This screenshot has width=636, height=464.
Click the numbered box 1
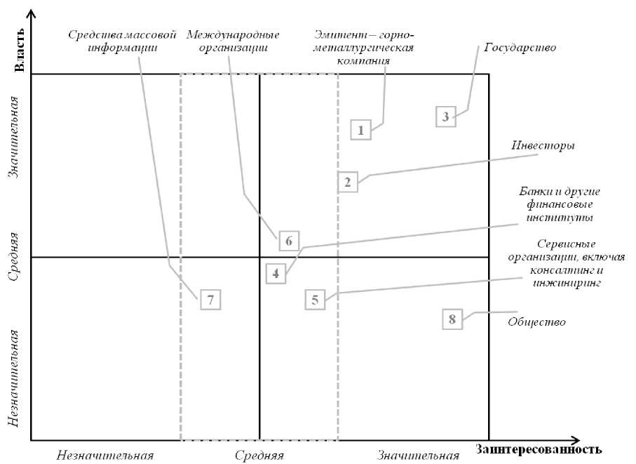[x=360, y=130]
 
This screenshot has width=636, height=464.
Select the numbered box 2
[x=347, y=182]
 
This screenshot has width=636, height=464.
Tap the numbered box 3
[x=445, y=117]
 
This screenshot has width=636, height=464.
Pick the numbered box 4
[x=276, y=273]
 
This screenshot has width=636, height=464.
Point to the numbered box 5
[x=316, y=300]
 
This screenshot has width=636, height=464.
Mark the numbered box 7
[x=210, y=299]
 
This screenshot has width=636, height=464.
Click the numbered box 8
[x=452, y=319]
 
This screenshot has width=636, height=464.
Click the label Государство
[x=520, y=48]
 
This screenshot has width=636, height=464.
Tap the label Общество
[x=536, y=322]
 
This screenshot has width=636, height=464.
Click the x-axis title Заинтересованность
[x=539, y=449]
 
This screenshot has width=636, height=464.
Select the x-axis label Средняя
[x=259, y=455]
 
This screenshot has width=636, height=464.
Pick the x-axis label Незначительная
[x=106, y=455]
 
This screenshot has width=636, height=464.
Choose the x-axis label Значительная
[x=418, y=455]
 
